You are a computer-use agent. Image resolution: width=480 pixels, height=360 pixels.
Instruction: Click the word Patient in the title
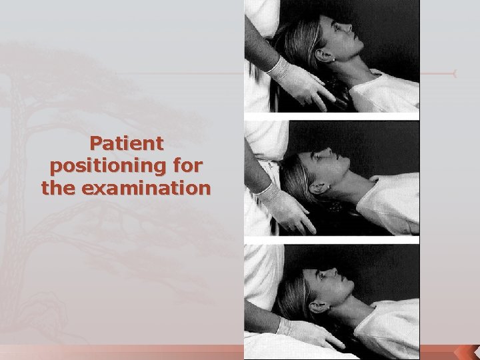pyautogui.click(x=127, y=143)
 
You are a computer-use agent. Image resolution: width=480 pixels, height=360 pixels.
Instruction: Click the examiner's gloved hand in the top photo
pyautogui.click(x=299, y=83)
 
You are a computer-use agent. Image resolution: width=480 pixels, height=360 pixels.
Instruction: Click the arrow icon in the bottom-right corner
pyautogui.click(x=463, y=353)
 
